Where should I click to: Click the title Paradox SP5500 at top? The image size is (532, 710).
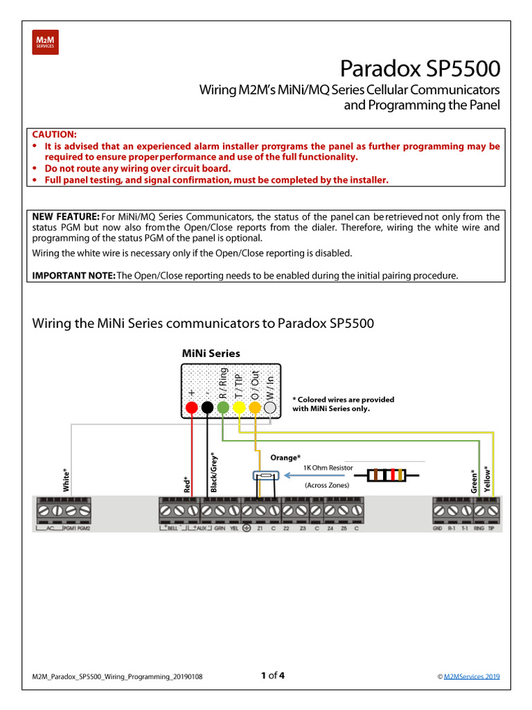419,69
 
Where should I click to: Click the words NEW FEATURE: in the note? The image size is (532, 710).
66,217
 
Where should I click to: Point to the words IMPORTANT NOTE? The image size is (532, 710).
74,275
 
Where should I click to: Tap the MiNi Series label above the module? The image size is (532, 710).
211,353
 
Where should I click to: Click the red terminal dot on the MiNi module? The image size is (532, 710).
191,408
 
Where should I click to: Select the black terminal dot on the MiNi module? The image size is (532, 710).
207,408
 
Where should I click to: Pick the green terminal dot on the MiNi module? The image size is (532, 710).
223,408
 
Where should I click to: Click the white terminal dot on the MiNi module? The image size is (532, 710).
271,408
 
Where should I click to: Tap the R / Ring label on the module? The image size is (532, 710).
223,383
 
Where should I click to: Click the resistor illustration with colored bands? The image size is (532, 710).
387,475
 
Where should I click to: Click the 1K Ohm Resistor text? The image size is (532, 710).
328,468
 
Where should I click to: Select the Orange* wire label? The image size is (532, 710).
285,458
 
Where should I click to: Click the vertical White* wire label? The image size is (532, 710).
66,480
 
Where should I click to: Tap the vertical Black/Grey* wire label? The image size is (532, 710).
213,472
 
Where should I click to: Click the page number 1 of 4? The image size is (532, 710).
272,675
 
